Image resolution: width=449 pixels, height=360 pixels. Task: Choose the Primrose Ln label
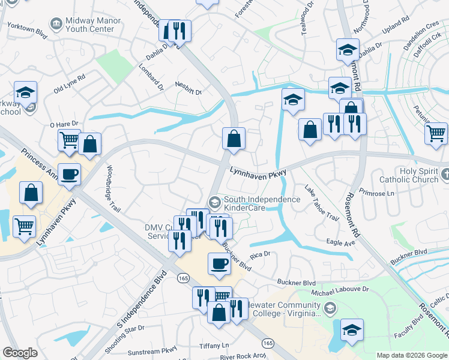(x=376, y=194)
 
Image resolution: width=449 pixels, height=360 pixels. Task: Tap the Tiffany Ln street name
(x=216, y=346)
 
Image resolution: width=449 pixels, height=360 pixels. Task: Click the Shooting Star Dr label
(x=124, y=339)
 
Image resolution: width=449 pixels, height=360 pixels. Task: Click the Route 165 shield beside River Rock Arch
(x=267, y=343)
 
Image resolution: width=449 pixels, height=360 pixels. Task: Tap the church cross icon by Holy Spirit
(x=444, y=175)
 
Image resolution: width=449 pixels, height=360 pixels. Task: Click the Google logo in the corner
(x=20, y=353)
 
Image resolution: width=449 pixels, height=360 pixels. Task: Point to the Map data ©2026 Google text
(x=411, y=355)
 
